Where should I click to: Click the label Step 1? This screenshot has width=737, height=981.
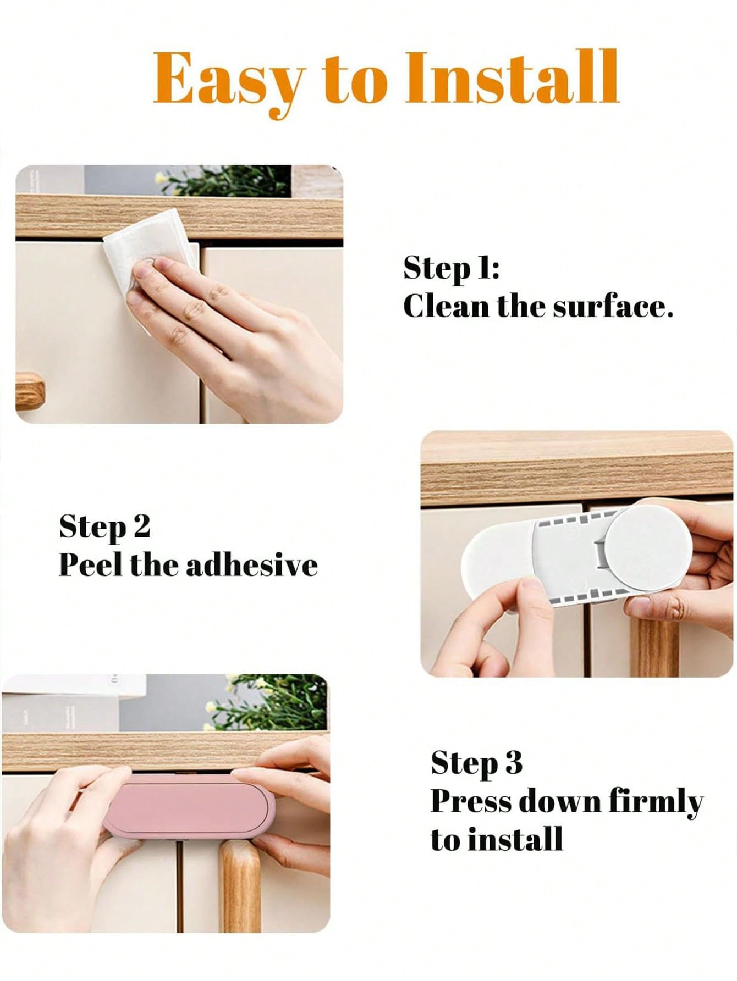coord(451,269)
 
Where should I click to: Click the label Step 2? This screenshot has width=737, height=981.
coord(105,527)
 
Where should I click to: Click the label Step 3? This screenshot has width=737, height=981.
coord(476,764)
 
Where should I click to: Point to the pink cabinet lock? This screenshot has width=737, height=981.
coord(189,804)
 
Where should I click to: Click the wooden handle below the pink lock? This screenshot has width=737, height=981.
coord(240,879)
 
